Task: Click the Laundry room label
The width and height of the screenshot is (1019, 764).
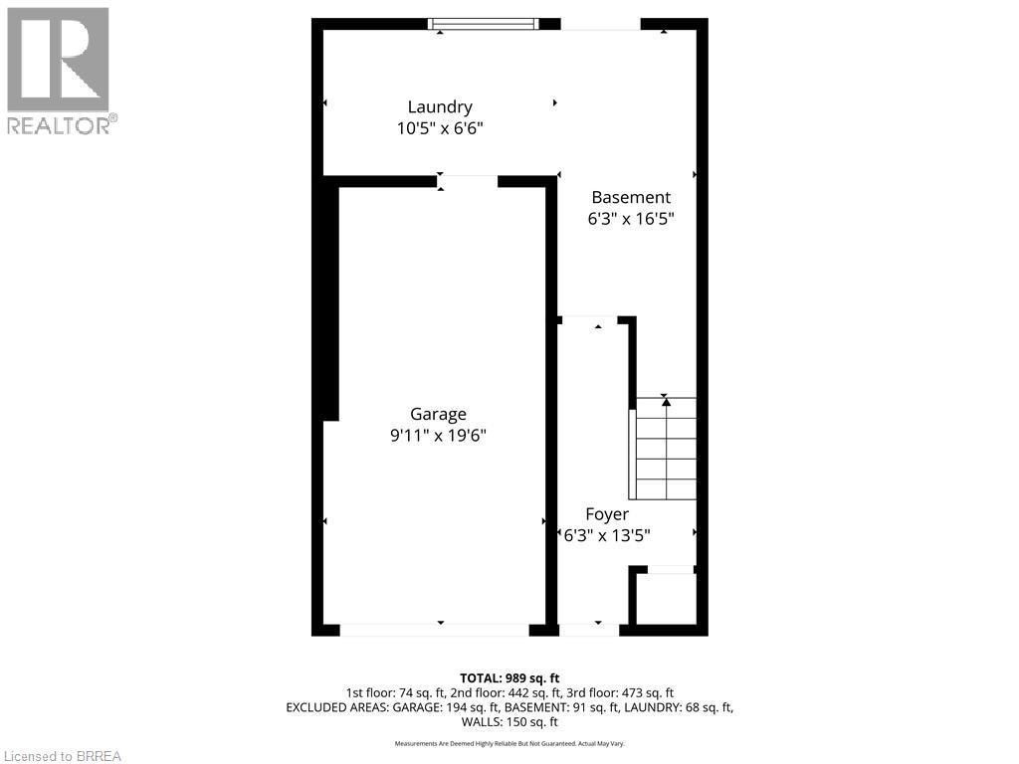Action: [439, 107]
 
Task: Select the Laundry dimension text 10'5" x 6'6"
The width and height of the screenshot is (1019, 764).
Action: [439, 128]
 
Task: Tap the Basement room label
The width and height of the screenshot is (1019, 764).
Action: [631, 198]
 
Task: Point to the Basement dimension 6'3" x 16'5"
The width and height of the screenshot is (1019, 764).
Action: [631, 219]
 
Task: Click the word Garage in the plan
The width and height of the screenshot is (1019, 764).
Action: [438, 415]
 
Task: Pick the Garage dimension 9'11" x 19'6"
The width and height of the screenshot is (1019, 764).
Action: [438, 436]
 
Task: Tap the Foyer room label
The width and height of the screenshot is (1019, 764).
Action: [607, 514]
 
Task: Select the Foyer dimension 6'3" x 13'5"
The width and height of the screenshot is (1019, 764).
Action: [607, 535]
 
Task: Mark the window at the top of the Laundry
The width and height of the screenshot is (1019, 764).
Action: [484, 24]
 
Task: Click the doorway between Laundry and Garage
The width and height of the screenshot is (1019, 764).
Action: [468, 181]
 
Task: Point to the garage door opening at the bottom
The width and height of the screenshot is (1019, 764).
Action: [434, 630]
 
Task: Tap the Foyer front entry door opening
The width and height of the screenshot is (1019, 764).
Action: [588, 630]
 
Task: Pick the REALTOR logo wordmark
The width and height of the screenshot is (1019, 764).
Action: [62, 125]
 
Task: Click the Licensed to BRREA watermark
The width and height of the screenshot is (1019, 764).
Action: [61, 756]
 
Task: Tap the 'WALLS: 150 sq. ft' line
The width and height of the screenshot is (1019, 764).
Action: [509, 721]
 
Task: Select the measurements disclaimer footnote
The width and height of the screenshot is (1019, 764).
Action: [509, 744]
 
